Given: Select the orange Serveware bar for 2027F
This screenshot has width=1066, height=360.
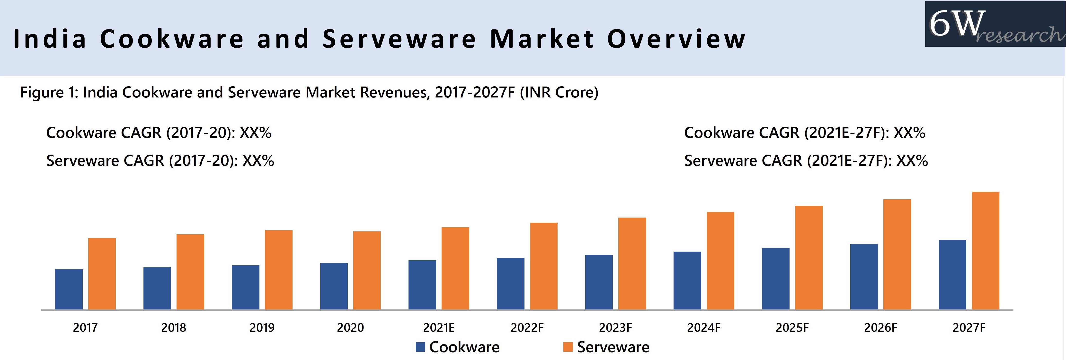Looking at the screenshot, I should coord(985,251).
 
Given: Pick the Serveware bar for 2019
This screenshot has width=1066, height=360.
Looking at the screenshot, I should coord(278,270).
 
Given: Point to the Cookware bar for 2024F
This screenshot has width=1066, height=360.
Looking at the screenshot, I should coord(687,281).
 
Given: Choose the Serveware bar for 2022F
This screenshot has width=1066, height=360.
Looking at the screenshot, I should coord(543,266).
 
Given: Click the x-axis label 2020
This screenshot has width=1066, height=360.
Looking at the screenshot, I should coord(350,328).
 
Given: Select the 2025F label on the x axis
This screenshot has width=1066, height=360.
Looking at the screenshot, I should coord(792,328).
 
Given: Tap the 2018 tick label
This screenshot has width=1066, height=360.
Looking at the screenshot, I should coord(173,328).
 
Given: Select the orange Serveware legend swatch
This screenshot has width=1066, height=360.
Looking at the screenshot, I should coord(568,347).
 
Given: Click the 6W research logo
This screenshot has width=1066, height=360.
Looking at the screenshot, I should coord(995,24).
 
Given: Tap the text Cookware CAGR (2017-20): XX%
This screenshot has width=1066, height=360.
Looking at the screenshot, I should coord(159,133).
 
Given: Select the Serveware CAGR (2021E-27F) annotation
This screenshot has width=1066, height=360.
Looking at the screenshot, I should coord(806,160).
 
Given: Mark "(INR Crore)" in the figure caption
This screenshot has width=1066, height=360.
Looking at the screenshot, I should coord(559,92).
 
